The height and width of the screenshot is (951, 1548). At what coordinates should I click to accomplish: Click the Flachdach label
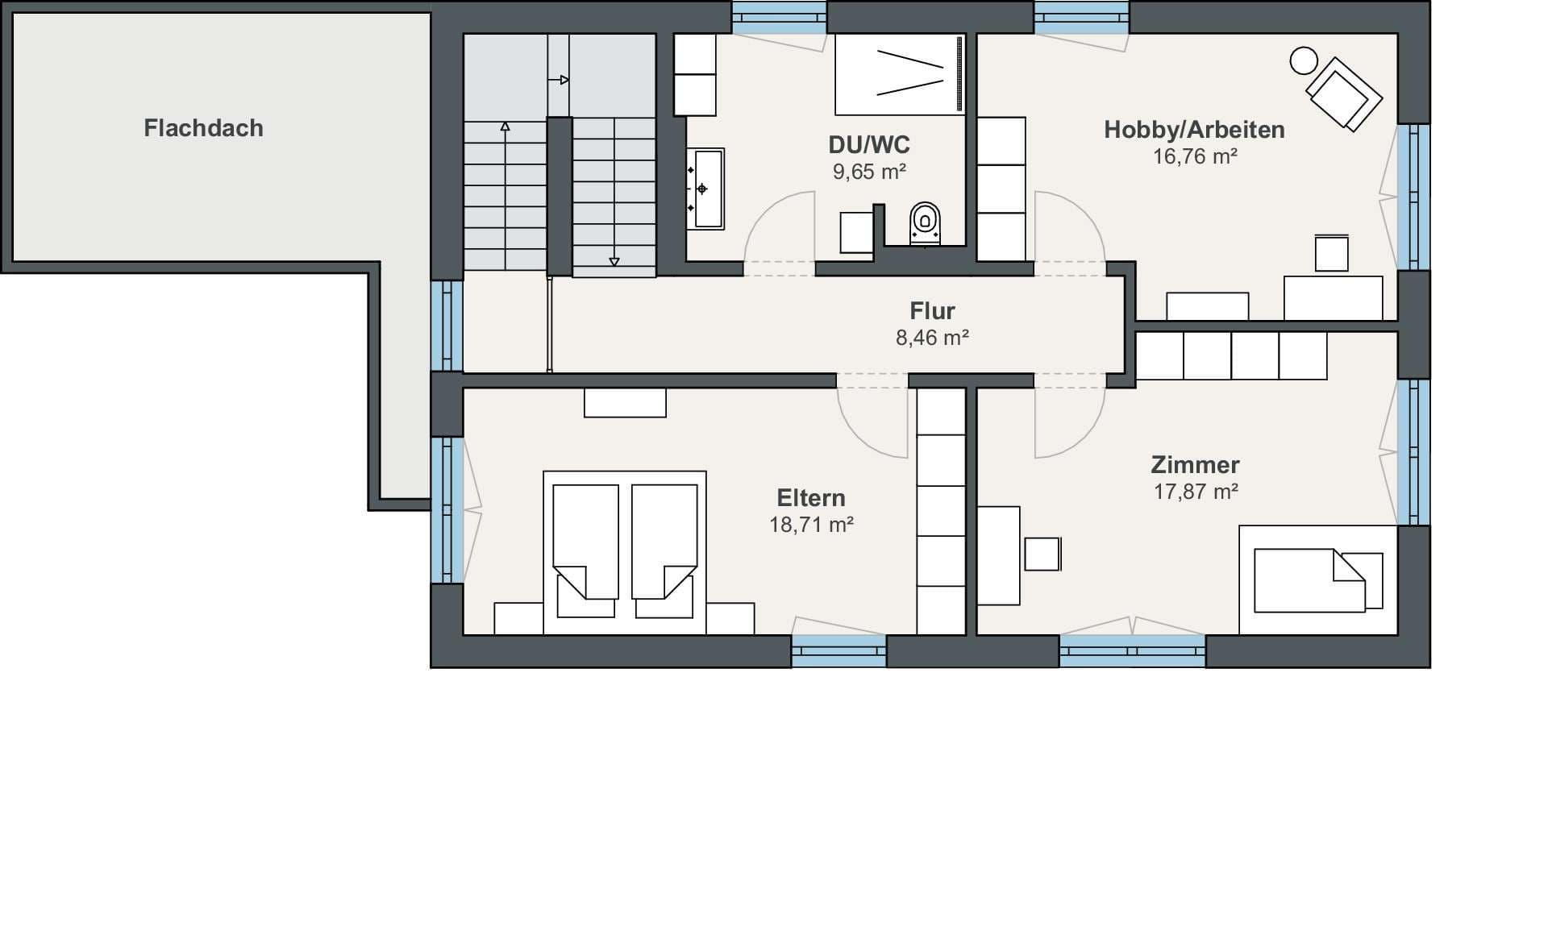pyautogui.click(x=203, y=128)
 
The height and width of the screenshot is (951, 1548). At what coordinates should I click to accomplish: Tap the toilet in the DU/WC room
pyautogui.click(x=925, y=223)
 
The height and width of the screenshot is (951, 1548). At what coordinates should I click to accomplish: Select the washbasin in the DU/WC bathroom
pyautogui.click(x=705, y=189)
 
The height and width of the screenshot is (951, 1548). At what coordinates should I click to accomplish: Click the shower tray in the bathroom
pyautogui.click(x=900, y=74)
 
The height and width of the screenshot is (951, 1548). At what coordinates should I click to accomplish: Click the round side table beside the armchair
pyautogui.click(x=1304, y=60)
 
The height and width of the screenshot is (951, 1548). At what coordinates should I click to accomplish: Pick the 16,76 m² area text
pyautogui.click(x=1195, y=156)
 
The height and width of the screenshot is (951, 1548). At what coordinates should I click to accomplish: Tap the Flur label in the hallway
pyautogui.click(x=932, y=310)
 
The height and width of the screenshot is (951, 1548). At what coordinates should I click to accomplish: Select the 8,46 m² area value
pyautogui.click(x=932, y=338)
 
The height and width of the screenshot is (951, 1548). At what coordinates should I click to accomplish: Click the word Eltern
pyautogui.click(x=811, y=497)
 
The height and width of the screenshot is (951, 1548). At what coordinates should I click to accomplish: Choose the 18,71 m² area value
pyautogui.click(x=811, y=525)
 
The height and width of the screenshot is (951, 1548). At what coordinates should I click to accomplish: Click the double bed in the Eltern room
pyautogui.click(x=625, y=553)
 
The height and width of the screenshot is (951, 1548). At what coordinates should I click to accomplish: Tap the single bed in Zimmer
pyautogui.click(x=1318, y=580)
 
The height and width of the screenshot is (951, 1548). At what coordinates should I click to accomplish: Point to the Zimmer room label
pyautogui.click(x=1195, y=464)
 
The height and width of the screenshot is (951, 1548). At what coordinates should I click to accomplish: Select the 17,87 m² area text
pyautogui.click(x=1196, y=492)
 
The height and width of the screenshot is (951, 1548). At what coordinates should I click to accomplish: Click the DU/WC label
pyautogui.click(x=869, y=145)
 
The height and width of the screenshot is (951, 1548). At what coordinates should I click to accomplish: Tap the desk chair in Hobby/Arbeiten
pyautogui.click(x=1331, y=253)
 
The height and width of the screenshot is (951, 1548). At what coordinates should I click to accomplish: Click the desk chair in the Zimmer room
pyautogui.click(x=1042, y=554)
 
